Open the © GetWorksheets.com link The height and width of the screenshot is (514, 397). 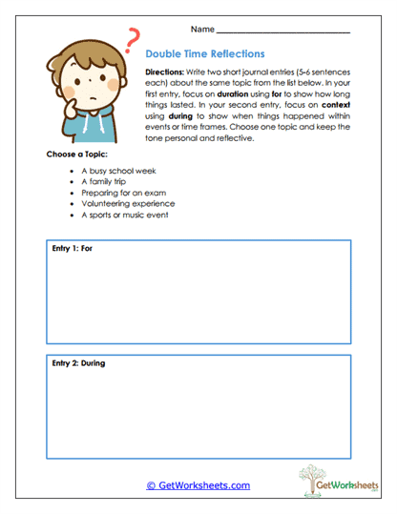tap(198, 485)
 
